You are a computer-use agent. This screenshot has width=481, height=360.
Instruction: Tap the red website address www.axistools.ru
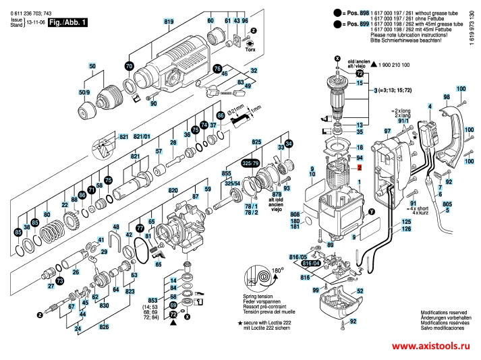[430, 346]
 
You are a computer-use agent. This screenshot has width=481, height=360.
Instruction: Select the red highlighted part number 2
[360, 167]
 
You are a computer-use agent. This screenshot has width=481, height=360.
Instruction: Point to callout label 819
[169, 22]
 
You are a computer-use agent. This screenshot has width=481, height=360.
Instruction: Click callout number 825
[256, 143]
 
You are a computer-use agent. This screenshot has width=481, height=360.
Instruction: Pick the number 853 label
[153, 301]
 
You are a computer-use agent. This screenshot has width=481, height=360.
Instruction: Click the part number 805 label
[447, 203]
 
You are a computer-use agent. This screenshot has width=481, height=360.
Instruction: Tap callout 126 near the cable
[406, 229]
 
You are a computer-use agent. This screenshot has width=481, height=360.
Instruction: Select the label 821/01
[142, 138]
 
